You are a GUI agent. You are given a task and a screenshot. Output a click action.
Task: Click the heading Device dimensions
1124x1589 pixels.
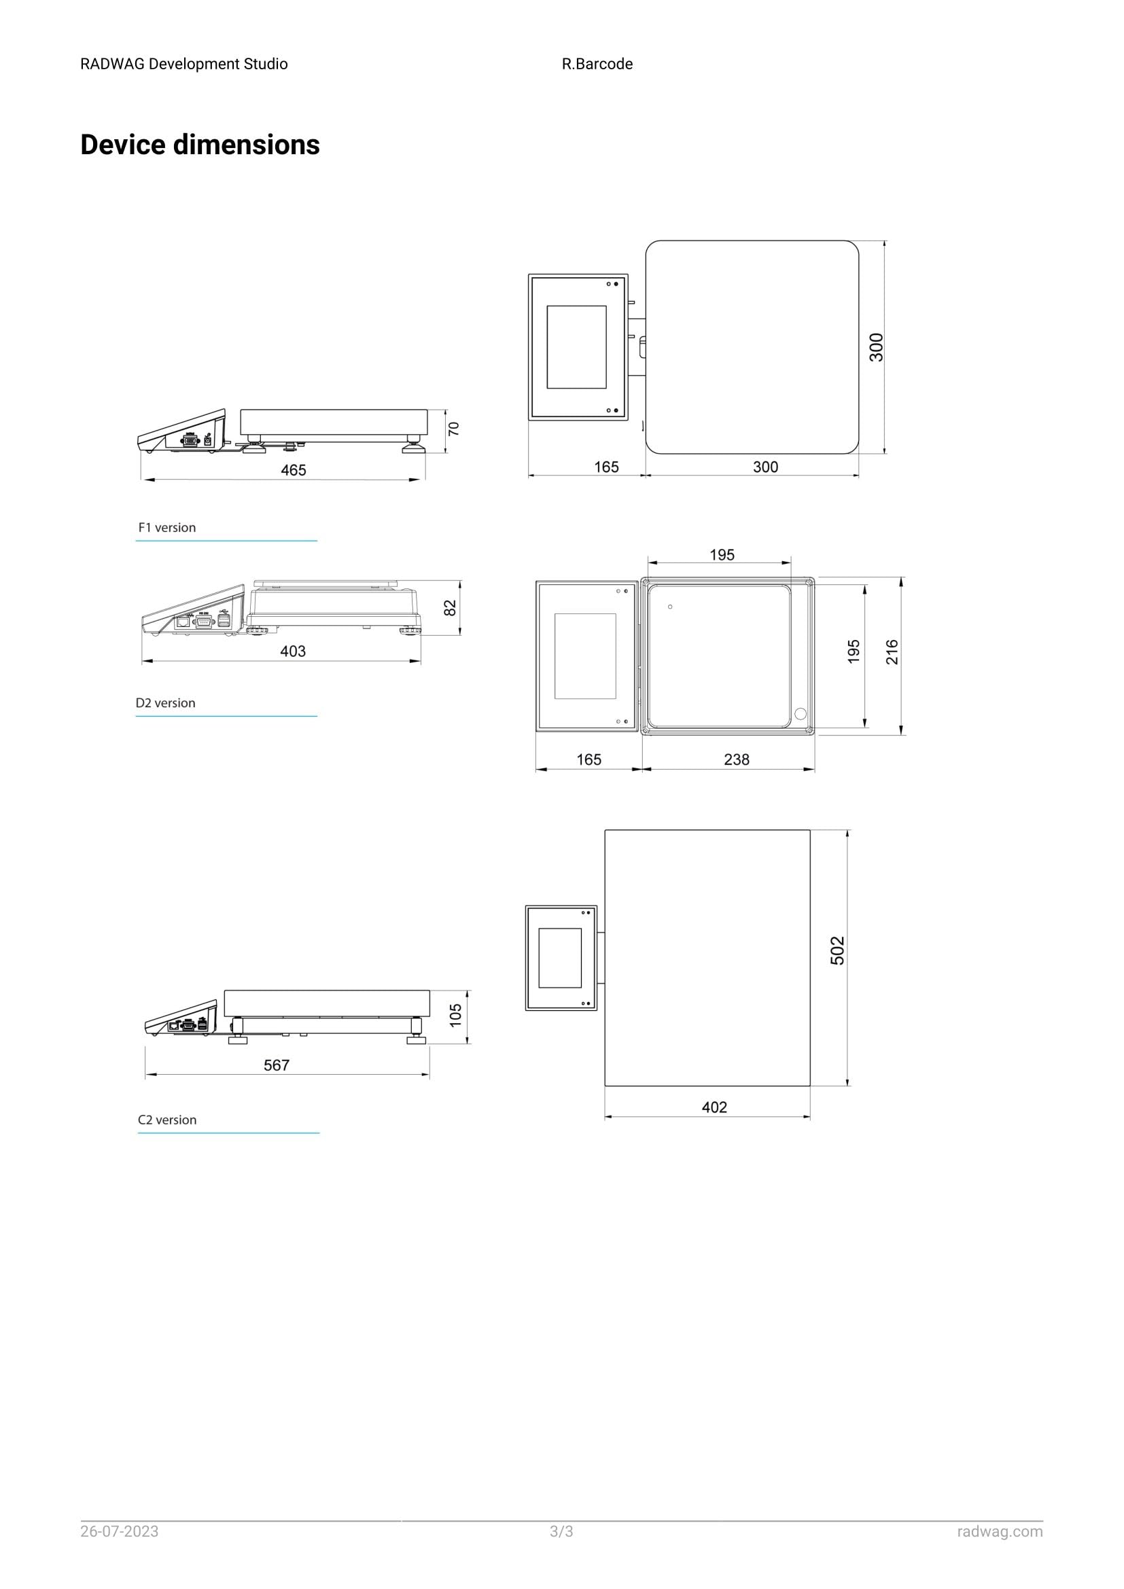pyautogui.click(x=200, y=145)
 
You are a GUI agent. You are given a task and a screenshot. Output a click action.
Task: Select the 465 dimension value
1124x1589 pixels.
pyautogui.click(x=293, y=471)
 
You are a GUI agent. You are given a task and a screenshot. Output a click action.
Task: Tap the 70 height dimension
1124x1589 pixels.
pyautogui.click(x=454, y=429)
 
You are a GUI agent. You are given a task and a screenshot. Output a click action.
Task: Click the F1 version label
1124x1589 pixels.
pyautogui.click(x=166, y=527)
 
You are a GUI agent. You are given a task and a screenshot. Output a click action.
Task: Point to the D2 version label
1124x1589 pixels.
pyautogui.click(x=165, y=703)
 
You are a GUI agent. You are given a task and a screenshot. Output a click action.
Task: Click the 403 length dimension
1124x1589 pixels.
pyautogui.click(x=292, y=651)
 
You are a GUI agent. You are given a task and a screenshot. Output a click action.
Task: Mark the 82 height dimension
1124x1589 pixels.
pyautogui.click(x=451, y=608)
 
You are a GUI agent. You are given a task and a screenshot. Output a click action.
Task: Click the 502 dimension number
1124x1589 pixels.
pyautogui.click(x=837, y=951)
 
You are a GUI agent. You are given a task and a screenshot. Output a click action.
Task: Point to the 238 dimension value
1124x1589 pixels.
pyautogui.click(x=737, y=760)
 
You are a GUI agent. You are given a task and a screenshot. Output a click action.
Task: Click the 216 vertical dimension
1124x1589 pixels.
pyautogui.click(x=892, y=653)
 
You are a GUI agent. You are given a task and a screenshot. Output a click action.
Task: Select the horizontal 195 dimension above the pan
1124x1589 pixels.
pyautogui.click(x=722, y=555)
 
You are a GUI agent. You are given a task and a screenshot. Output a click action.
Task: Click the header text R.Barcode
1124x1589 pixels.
pyautogui.click(x=597, y=65)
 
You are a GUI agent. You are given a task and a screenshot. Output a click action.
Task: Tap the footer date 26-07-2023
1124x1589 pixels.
pyautogui.click(x=119, y=1531)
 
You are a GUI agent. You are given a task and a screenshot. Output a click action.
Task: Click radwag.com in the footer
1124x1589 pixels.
pyautogui.click(x=1000, y=1531)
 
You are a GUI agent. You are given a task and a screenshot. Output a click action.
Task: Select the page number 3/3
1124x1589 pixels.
pyautogui.click(x=561, y=1531)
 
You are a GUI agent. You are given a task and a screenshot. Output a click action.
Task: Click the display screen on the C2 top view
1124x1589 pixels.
pyautogui.click(x=560, y=958)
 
